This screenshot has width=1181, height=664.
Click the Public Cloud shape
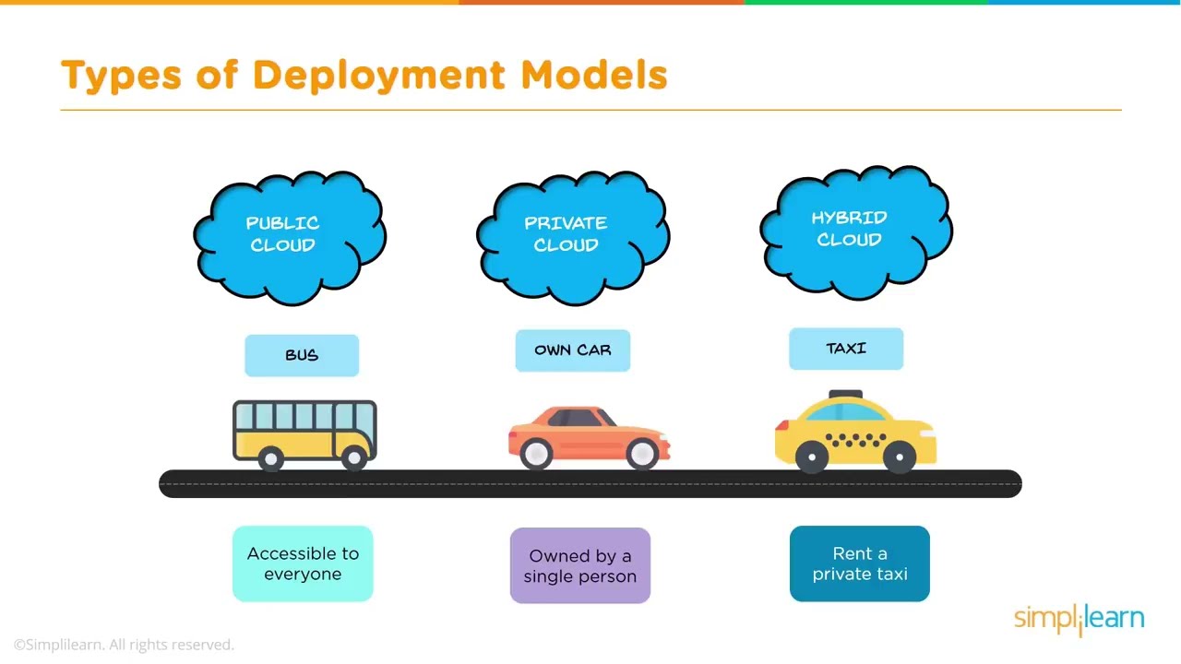click(289, 234)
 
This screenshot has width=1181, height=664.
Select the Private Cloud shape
click(572, 234)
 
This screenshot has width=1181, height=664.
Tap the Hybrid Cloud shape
click(855, 230)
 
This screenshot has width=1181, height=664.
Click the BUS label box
click(302, 355)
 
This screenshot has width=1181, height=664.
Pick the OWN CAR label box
click(572, 350)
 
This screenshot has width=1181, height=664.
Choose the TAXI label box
click(846, 349)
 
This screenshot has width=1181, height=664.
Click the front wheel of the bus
click(353, 457)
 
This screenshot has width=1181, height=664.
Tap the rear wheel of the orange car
click(535, 453)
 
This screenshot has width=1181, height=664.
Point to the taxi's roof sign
click(845, 396)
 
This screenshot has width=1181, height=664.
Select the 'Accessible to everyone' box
click(303, 563)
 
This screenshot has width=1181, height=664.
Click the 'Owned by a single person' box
click(579, 565)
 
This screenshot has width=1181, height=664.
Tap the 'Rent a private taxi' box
click(859, 563)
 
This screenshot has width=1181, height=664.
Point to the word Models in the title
click(594, 75)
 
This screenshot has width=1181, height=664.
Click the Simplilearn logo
click(1079, 619)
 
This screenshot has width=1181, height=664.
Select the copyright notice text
click(124, 645)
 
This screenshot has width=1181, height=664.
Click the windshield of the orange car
click(606, 418)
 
